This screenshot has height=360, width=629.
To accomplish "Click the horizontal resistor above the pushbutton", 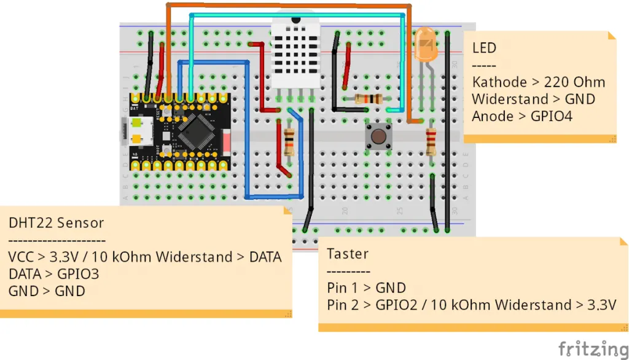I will [369, 99].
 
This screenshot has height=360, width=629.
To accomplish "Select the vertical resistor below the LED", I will [431, 142].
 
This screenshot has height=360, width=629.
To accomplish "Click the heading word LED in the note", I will [484, 48].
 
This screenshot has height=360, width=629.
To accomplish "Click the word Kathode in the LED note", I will [499, 82].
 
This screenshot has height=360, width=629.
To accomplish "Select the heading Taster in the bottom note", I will [348, 254].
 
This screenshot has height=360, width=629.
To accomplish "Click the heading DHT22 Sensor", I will [56, 222].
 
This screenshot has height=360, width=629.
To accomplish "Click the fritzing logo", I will [593, 348].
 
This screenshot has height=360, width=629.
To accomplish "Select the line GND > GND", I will [47, 291].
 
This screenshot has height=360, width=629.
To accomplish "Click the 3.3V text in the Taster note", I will [600, 305].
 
